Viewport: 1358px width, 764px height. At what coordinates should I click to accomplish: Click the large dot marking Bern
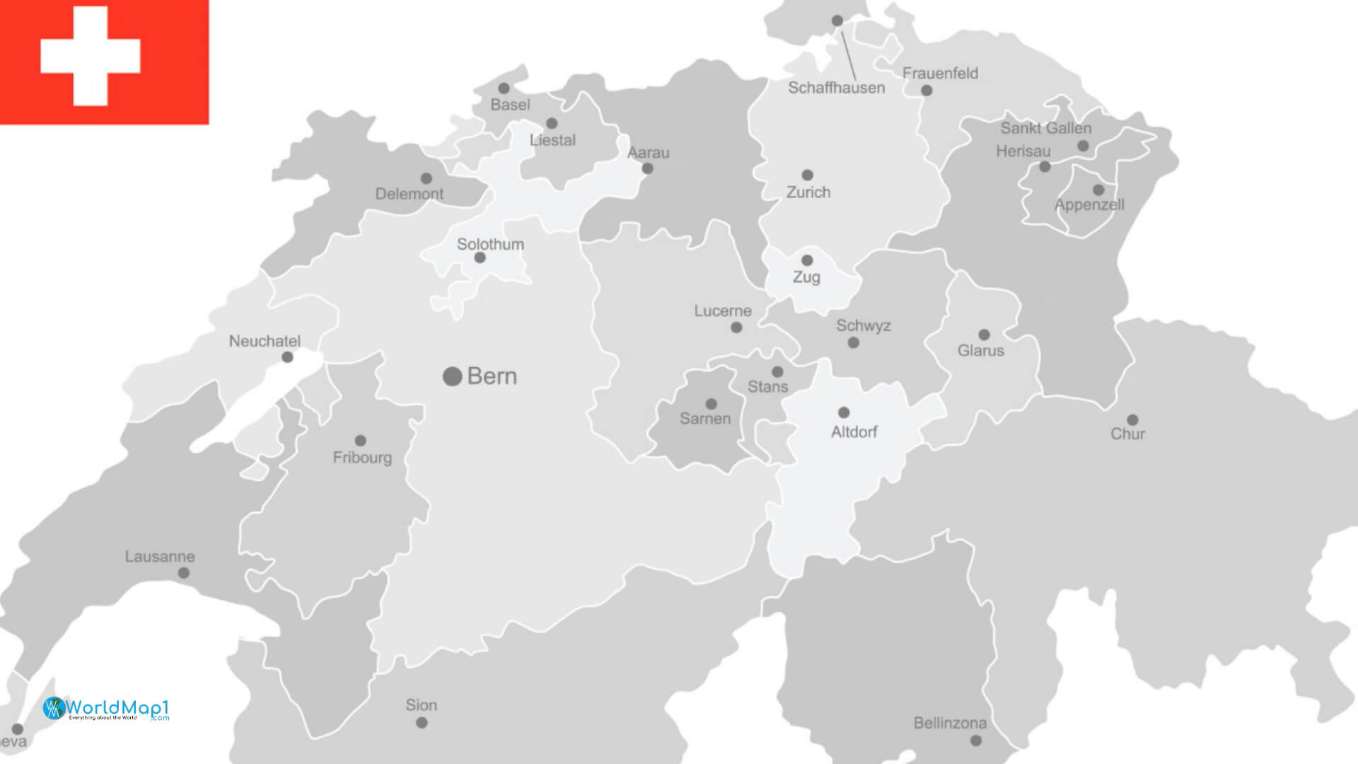pos(452,376)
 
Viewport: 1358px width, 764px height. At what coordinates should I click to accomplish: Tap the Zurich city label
pos(808,192)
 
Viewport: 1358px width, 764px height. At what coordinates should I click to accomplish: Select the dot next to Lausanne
pos(184,573)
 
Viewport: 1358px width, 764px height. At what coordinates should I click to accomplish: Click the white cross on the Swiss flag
pos(91,56)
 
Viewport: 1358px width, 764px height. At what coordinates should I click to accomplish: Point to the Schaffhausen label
pos(836,88)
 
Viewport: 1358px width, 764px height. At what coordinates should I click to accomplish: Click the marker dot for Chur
pos(1132,419)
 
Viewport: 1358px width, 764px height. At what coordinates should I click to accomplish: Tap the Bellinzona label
pos(949,723)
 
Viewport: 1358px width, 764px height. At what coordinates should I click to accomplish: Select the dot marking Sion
pos(422,722)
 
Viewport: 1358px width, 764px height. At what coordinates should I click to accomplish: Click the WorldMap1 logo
pos(106,708)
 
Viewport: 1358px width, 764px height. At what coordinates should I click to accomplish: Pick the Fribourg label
pos(362,458)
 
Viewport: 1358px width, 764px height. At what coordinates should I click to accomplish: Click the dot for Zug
pos(807,260)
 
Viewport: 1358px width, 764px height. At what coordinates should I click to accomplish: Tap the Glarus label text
pos(980,351)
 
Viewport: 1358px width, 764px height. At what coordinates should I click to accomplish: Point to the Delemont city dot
pos(426,178)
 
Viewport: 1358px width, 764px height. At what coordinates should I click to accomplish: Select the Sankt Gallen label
pos(1045,129)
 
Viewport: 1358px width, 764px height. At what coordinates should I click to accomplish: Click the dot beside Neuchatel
pos(287,357)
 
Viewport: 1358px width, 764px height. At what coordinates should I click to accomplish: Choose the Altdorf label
pos(854,432)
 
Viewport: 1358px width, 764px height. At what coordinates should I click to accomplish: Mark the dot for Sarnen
pos(712,404)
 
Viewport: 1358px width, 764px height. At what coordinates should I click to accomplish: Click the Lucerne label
pos(722,311)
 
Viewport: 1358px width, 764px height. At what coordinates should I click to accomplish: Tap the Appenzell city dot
pos(1098,190)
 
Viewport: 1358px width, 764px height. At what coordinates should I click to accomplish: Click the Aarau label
pos(648,153)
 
